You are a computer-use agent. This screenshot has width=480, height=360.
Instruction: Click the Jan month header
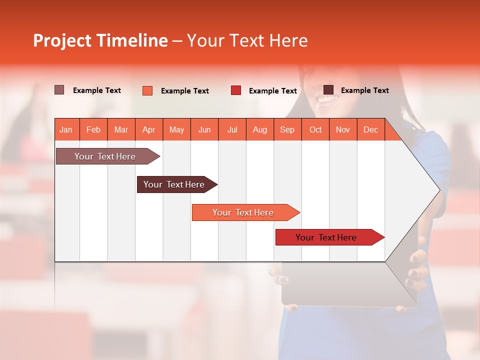(x=66, y=129)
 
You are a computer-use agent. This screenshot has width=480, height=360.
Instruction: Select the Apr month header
(x=148, y=129)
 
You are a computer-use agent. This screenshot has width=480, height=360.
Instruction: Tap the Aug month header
(x=259, y=129)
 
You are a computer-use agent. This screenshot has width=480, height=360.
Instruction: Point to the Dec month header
(x=370, y=129)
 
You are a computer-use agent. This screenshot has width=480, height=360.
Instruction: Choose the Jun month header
(x=204, y=129)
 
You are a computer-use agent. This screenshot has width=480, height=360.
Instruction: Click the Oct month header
(x=315, y=129)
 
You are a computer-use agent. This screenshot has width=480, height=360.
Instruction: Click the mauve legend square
(x=59, y=90)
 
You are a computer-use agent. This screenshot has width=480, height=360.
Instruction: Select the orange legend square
(x=147, y=90)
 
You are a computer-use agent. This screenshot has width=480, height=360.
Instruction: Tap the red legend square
(x=235, y=90)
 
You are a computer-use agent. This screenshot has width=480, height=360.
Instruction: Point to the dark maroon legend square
(x=328, y=90)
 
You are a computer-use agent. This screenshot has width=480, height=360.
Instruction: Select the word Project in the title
(x=62, y=40)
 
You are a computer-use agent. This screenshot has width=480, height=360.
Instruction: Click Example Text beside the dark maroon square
(x=364, y=90)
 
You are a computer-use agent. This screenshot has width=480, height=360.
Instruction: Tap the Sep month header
(x=287, y=129)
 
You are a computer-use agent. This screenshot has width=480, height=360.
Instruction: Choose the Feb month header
(x=93, y=129)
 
